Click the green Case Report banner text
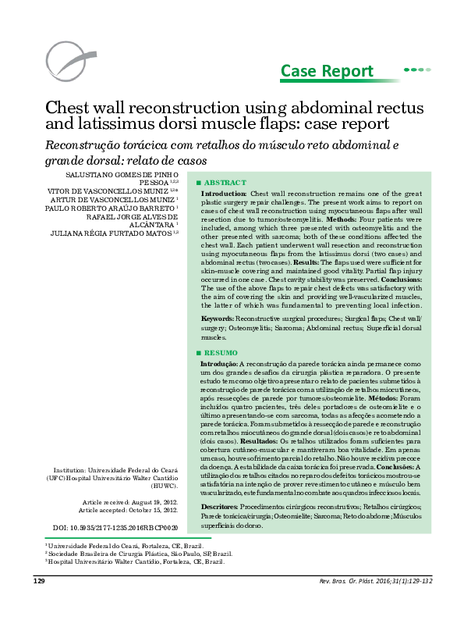pos(327,72)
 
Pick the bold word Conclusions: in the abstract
pos(400,279)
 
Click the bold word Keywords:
pos(218,319)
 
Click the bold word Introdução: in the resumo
pos(220,364)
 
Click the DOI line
pos(109,528)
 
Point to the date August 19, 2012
pos(154,501)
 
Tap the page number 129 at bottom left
pos(39,604)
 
